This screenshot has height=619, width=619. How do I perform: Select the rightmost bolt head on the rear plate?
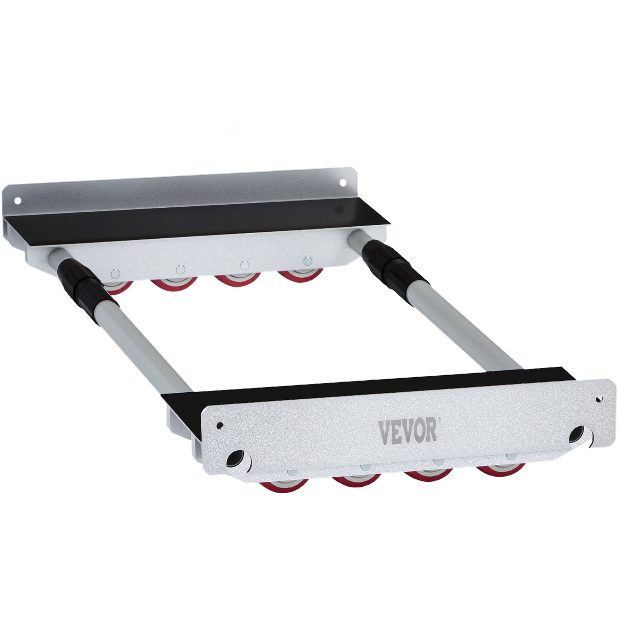pos(308,260)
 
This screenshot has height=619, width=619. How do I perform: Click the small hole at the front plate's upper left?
pos(220,425)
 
